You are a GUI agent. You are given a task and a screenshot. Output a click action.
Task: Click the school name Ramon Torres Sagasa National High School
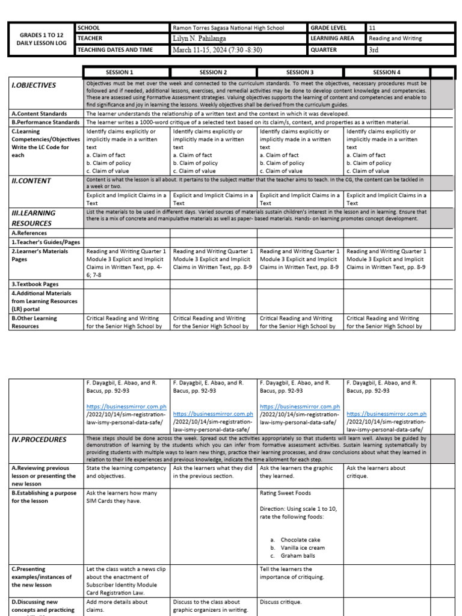[228, 28]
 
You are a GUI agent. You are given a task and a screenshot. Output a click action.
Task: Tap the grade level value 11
[372, 28]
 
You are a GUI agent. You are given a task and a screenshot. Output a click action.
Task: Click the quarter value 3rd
[374, 50]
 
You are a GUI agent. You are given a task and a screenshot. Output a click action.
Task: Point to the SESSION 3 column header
[300, 72]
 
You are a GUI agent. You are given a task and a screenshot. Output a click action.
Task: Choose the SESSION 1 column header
[120, 72]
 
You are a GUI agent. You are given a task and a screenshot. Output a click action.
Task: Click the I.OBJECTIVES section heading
[34, 85]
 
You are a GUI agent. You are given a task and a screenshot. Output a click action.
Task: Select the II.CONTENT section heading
[32, 180]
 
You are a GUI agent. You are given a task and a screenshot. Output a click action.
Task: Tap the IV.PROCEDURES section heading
[39, 440]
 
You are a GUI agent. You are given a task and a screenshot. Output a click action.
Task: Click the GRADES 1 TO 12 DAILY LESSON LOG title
[39, 40]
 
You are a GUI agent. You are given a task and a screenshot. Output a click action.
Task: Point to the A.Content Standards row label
[37, 113]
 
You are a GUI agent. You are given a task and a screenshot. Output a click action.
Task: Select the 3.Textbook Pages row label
[35, 283]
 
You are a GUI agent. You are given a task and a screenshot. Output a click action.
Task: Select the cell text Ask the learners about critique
[376, 472]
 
